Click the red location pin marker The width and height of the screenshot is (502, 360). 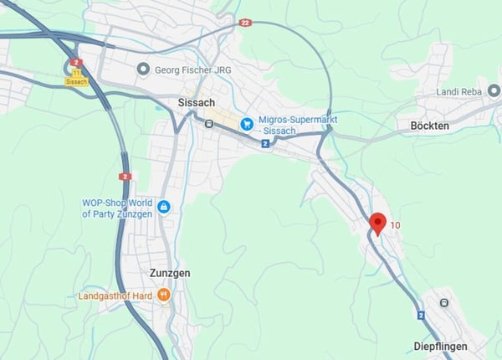tap(377, 224)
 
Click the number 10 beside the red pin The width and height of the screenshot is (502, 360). tap(396, 225)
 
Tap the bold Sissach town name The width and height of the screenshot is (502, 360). tap(197, 102)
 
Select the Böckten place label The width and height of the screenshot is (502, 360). tap(430, 126)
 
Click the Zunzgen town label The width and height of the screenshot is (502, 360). tap(170, 273)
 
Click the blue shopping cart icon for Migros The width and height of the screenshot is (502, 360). tap(247, 124)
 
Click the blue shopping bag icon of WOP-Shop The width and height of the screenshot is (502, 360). tap(163, 206)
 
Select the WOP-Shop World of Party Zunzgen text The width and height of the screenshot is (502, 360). tap(117, 208)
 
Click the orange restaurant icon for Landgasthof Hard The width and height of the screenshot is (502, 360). tap(164, 295)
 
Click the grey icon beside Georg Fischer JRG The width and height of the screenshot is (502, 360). tap(144, 69)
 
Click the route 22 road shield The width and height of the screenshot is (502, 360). tap(244, 23)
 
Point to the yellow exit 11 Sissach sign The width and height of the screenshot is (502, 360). tap(76, 77)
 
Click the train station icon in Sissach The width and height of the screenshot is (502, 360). tap(208, 122)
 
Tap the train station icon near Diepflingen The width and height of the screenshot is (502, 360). tap(443, 302)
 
